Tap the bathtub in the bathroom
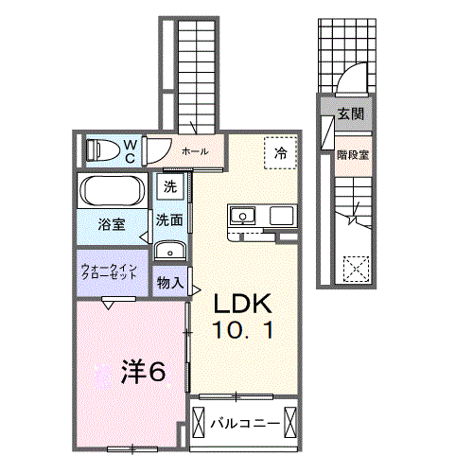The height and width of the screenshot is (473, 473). point(113,190)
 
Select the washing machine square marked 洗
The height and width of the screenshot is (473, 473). point(170,186)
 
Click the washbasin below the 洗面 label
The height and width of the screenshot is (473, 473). point(170,251)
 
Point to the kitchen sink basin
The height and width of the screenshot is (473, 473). point(242,216)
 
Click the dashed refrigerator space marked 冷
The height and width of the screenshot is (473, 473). point(280,153)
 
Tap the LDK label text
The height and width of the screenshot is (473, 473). point(243,304)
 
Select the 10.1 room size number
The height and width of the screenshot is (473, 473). point(242,330)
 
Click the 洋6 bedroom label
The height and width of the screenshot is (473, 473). point(144,372)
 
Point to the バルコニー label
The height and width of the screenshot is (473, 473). point(245,423)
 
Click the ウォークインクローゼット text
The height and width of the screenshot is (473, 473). point(109,272)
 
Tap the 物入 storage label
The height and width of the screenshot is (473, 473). point(170,282)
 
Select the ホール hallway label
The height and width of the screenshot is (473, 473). point(195,151)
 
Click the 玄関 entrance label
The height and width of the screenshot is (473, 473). point(351,114)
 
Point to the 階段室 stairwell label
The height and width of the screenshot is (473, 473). point(353,155)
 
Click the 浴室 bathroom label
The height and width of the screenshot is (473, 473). point(112,224)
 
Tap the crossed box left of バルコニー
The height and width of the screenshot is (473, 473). point(199,422)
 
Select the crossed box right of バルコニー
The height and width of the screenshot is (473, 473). point(290,422)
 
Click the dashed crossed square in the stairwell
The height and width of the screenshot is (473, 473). point(356,269)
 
